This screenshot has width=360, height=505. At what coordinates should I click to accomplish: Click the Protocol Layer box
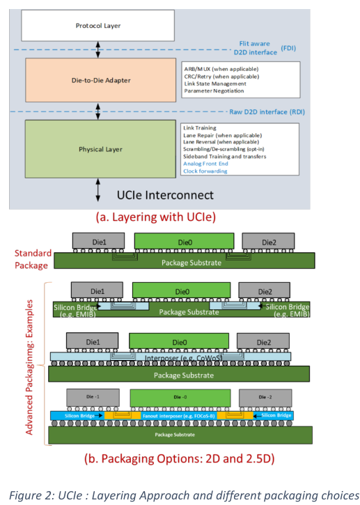pyautogui.click(x=98, y=26)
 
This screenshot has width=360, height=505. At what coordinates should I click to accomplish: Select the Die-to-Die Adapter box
pyautogui.click(x=101, y=80)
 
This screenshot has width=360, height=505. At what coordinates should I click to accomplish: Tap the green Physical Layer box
pyautogui.click(x=100, y=149)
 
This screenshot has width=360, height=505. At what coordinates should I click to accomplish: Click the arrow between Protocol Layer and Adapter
pyautogui.click(x=98, y=49)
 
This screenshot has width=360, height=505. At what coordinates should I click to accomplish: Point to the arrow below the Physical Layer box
pyautogui.click(x=98, y=190)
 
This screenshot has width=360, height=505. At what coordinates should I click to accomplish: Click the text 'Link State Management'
pyautogui.click(x=215, y=84)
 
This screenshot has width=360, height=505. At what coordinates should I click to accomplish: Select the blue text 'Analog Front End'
pyautogui.click(x=205, y=164)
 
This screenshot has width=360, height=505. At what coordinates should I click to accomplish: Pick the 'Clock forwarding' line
pyautogui.click(x=205, y=171)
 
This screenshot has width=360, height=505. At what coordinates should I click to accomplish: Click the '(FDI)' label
pyautogui.click(x=288, y=48)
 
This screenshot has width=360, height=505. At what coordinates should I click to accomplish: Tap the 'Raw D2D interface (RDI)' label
pyautogui.click(x=267, y=111)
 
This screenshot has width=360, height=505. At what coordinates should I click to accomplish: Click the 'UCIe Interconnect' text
pyautogui.click(x=165, y=195)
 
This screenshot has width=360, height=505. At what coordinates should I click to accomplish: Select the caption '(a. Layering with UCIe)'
pyautogui.click(x=156, y=217)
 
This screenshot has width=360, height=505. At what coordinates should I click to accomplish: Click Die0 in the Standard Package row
pyautogui.click(x=185, y=242)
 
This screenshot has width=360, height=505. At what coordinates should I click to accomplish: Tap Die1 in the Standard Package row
pyautogui.click(x=99, y=241)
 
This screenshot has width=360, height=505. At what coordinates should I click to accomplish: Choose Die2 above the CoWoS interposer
pyautogui.click(x=263, y=341)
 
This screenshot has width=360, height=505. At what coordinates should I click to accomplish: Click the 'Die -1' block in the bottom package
pyautogui.click(x=93, y=398)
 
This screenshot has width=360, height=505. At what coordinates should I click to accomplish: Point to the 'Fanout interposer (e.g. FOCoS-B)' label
pyautogui.click(x=179, y=416)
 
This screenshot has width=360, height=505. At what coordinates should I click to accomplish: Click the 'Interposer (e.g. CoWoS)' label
pyautogui.click(x=183, y=358)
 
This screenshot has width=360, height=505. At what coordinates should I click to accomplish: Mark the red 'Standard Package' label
pyautogui.click(x=33, y=259)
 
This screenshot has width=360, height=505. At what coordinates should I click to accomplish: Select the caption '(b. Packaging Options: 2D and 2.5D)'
pyautogui.click(x=180, y=458)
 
